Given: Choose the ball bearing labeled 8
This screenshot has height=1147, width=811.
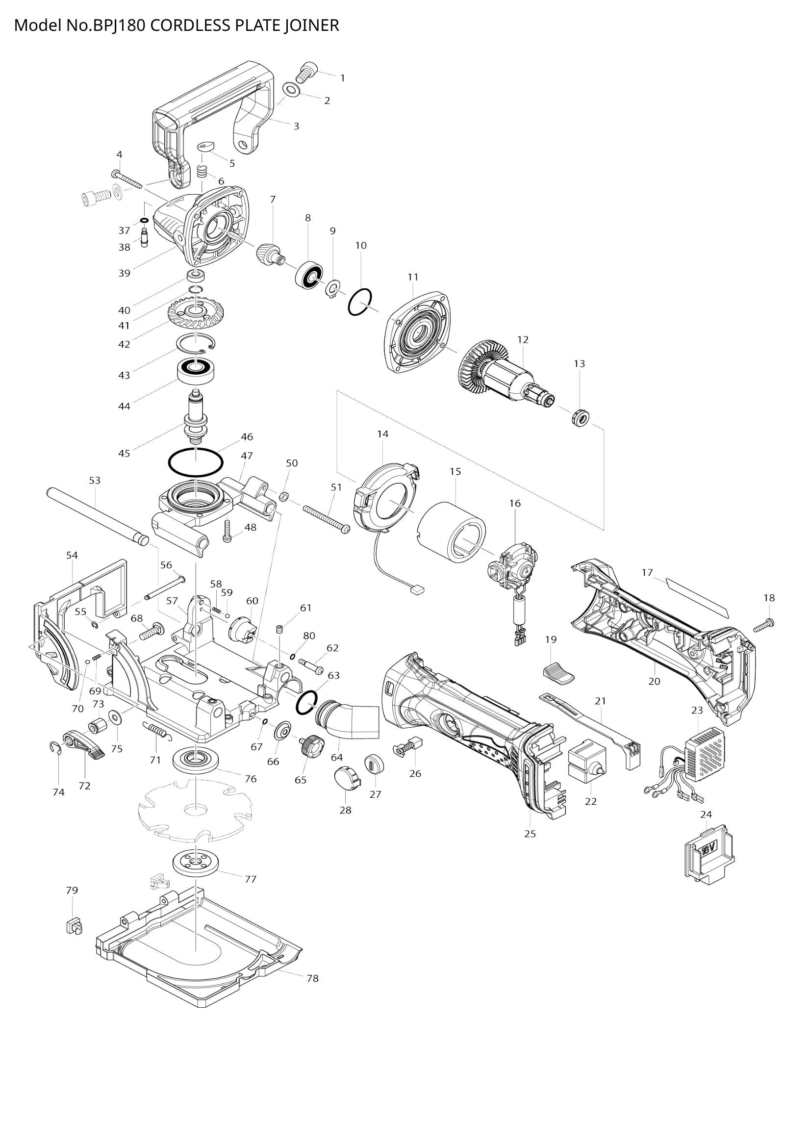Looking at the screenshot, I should click(x=309, y=276).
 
